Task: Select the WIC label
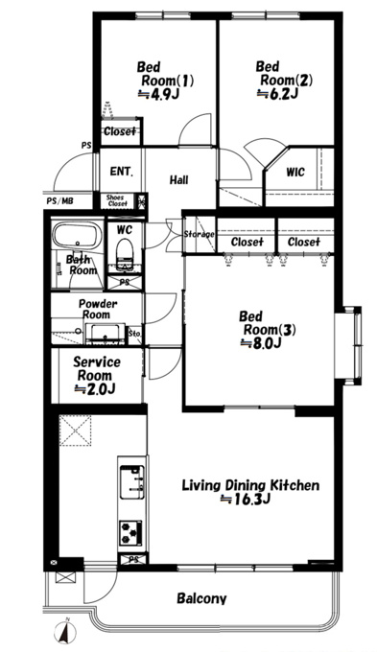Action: pyautogui.click(x=295, y=172)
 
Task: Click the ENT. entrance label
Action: pyautogui.click(x=122, y=171)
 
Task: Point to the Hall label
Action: pyautogui.click(x=179, y=179)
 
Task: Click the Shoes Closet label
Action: pyautogui.click(x=116, y=200)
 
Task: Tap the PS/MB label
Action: pyautogui.click(x=59, y=201)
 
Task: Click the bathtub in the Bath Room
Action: pyautogui.click(x=78, y=236)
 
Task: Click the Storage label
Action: pyautogui.click(x=199, y=235)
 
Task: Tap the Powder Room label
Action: pyautogui.click(x=98, y=309)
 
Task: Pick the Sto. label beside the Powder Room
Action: pyautogui.click(x=134, y=334)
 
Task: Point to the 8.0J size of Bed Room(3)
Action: pyautogui.click(x=261, y=343)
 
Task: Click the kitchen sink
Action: pyautogui.click(x=132, y=481)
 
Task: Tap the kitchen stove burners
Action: pyautogui.click(x=130, y=532)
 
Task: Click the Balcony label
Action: pyautogui.click(x=201, y=598)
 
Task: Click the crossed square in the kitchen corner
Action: pyautogui.click(x=75, y=430)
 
